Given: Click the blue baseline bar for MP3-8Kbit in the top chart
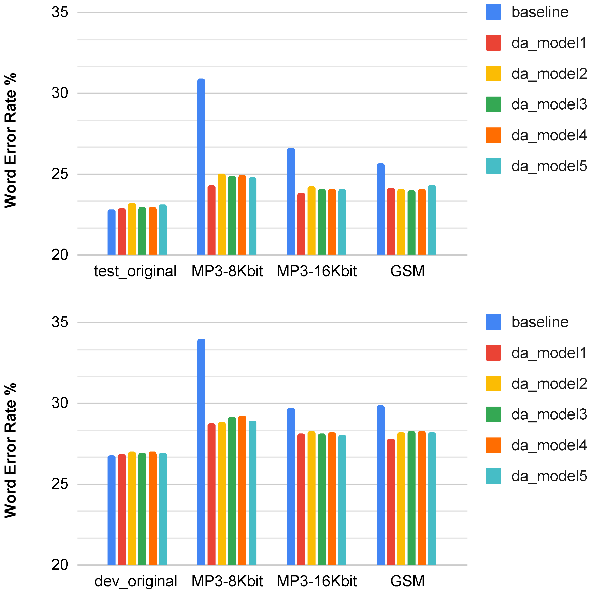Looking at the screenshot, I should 201,167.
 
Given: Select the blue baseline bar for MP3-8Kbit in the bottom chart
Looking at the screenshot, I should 201,452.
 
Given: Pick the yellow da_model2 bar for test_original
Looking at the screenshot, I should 132,229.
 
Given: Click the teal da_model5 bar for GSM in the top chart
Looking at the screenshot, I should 432,220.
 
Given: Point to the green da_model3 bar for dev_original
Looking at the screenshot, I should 142,509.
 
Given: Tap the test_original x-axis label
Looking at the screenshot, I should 135,271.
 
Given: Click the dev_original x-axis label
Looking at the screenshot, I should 136,581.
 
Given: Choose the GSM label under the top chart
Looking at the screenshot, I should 407,271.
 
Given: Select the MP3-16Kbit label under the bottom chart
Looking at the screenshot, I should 317,581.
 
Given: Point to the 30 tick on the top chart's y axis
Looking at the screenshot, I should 60,93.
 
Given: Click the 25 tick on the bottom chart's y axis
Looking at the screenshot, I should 60,484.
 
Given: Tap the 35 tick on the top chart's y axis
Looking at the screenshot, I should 60,12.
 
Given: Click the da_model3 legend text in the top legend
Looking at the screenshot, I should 549,105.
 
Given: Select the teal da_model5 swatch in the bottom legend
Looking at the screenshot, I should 493,476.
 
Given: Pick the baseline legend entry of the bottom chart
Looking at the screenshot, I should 539,322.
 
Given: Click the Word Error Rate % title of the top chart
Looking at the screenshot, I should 11,140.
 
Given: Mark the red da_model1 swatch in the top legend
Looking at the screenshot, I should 493,43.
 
